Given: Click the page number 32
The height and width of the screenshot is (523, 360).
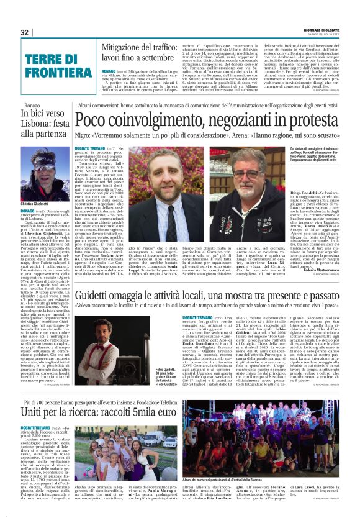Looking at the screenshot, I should pos(25,32).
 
